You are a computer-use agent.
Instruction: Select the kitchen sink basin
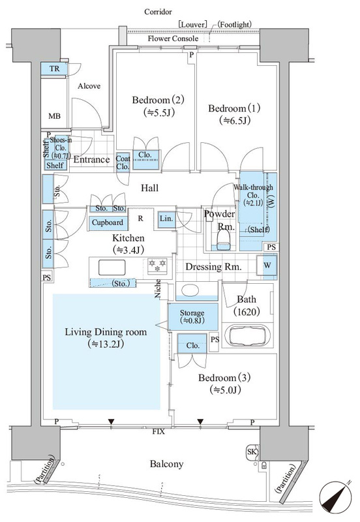pos(112,268)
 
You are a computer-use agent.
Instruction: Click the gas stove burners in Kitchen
pos(157,266)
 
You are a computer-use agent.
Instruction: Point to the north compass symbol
pos(335,497)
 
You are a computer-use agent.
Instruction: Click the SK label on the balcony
pos(252,452)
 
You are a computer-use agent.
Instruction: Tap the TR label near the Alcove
pos(55,69)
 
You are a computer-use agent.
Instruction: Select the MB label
pos(55,116)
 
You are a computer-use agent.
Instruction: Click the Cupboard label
pos(108,223)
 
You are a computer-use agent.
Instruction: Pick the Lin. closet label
pos(166,219)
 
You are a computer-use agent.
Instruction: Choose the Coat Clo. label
pos(123,162)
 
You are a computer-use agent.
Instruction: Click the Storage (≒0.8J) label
pos(192,316)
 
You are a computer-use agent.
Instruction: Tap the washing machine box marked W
pos(267,266)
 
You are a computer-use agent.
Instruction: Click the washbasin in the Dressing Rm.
pos(190,290)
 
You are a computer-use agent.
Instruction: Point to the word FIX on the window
pos(158,432)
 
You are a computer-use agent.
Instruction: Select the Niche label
pos(158,288)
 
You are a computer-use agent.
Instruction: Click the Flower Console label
pos(173,38)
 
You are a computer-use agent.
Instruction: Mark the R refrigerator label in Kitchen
pos(141,219)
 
